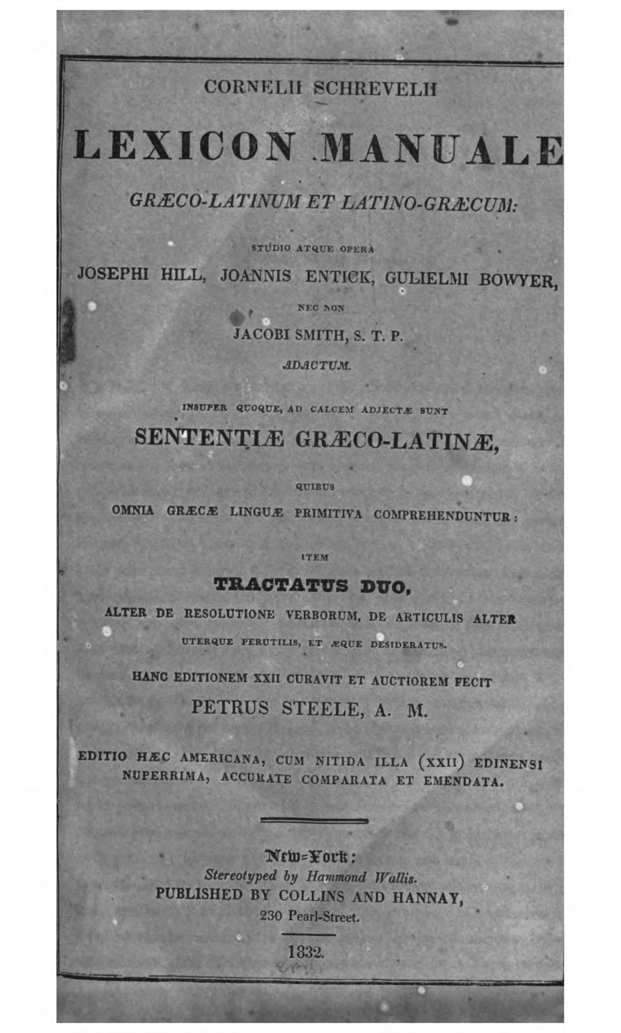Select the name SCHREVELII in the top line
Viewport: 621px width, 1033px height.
375,89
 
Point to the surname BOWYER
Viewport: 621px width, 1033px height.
517,280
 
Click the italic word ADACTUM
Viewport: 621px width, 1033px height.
317,365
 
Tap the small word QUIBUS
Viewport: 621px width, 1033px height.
315,486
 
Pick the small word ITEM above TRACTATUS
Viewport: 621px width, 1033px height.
315,557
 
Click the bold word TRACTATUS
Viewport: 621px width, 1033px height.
281,585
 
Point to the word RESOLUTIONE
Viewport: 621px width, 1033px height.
229,614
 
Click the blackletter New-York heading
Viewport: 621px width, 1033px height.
310,856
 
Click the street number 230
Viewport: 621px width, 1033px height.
270,916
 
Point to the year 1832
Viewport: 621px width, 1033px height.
306,952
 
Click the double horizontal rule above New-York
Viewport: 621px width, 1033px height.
314,820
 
